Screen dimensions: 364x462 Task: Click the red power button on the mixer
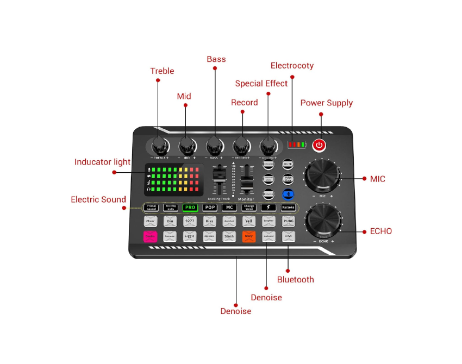(x=320, y=145)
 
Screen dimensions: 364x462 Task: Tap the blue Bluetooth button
(x=288, y=194)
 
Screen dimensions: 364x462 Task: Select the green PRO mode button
(x=190, y=208)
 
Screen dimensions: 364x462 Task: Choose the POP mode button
(x=210, y=208)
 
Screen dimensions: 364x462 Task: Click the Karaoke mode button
(x=288, y=208)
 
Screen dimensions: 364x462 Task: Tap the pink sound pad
(x=150, y=236)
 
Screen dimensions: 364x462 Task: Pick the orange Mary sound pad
(x=249, y=236)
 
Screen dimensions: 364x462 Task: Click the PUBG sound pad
(x=288, y=221)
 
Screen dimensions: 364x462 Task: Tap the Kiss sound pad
(x=210, y=221)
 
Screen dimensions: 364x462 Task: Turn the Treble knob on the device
(x=159, y=146)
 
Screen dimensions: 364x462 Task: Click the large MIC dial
(x=323, y=176)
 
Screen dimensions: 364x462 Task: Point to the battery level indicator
(x=296, y=145)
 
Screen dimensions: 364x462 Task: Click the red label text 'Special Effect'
(x=261, y=84)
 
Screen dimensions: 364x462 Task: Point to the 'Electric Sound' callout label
(x=98, y=199)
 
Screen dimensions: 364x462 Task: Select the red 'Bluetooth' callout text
(x=295, y=279)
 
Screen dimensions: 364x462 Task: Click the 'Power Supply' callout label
(x=326, y=103)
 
